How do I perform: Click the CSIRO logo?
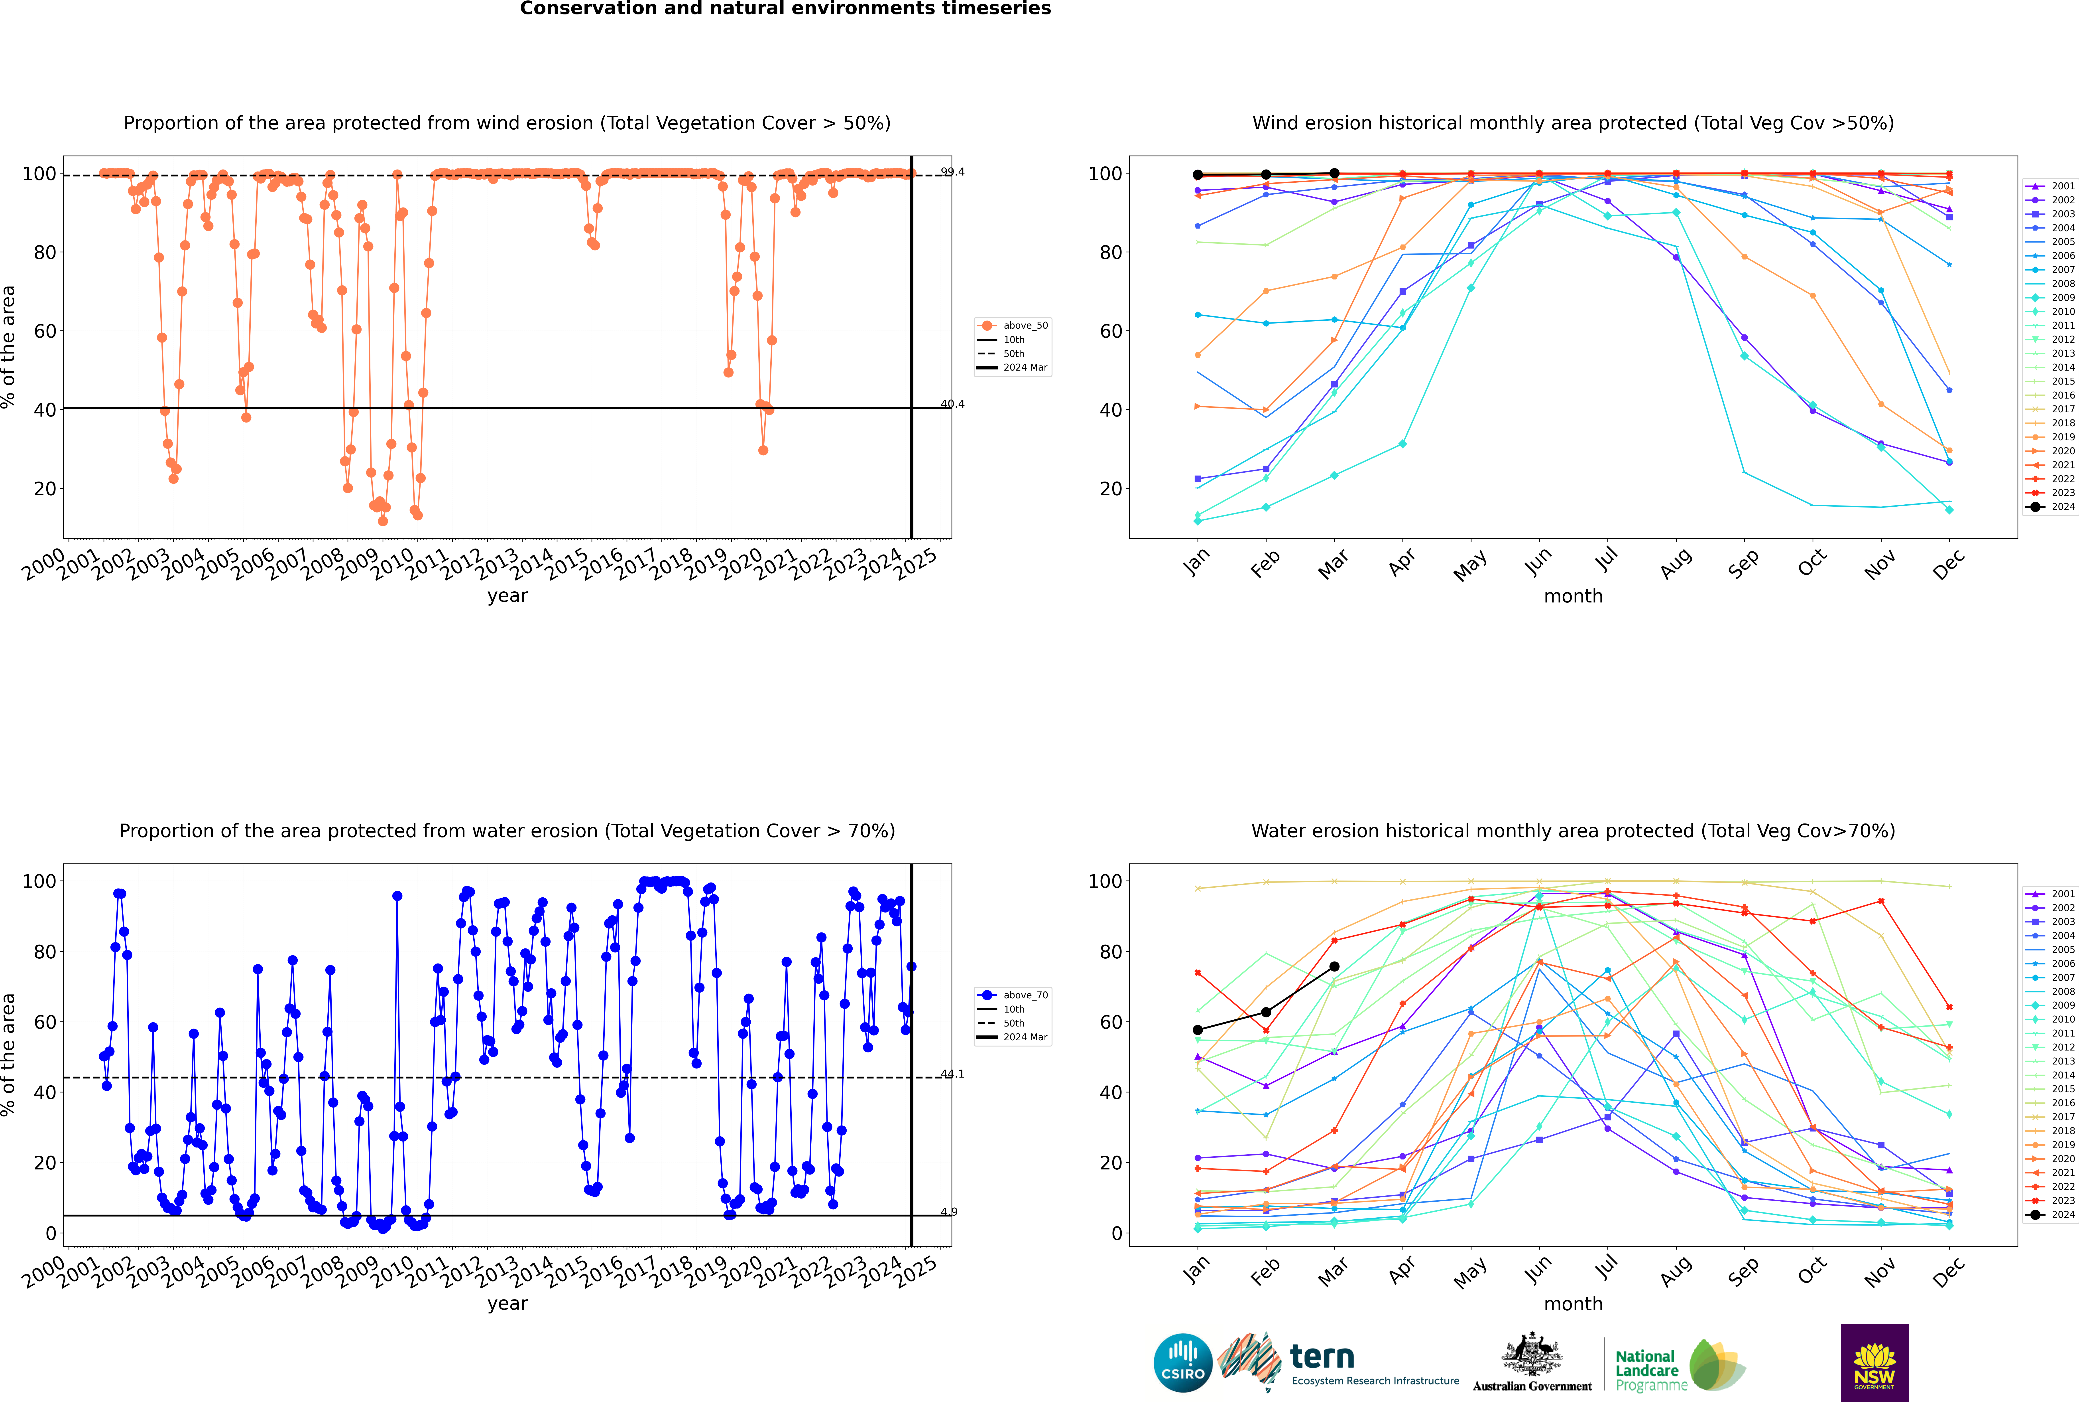tap(1182, 1363)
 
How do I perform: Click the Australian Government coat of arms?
tap(1532, 1357)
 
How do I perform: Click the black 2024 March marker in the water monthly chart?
tap(1334, 967)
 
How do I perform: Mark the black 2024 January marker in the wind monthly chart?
tap(1198, 175)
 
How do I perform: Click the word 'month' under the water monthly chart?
tap(1573, 1304)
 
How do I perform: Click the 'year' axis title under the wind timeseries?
tap(508, 596)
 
